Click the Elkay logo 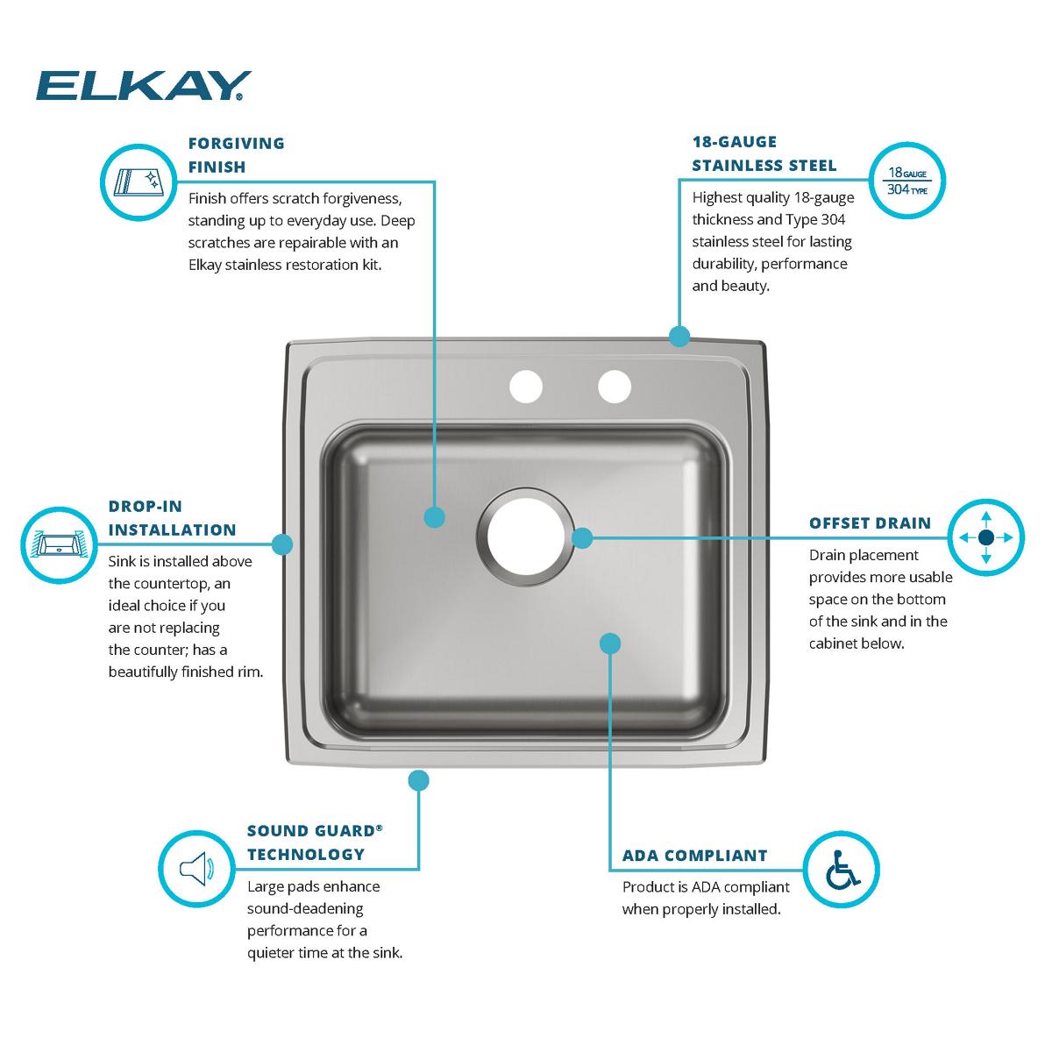[144, 86]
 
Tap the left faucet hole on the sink [526, 387]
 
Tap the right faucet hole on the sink [615, 387]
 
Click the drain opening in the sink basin [526, 537]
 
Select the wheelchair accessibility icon [842, 870]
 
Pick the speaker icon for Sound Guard [196, 868]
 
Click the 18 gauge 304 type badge [906, 181]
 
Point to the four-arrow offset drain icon [986, 537]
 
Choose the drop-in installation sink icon [59, 544]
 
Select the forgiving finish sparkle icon [139, 182]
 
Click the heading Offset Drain [870, 523]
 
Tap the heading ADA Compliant [695, 856]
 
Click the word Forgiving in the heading [237, 143]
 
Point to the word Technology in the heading [306, 854]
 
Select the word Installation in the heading [172, 530]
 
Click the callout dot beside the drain [582, 537]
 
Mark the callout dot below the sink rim [418, 780]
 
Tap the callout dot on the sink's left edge [281, 544]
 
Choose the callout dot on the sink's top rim [679, 336]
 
